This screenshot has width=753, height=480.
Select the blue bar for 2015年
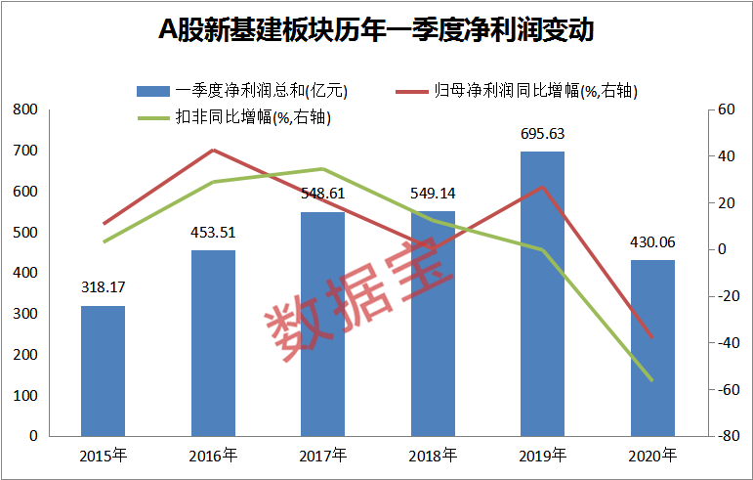[x=103, y=371]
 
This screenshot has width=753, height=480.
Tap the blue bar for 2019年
[x=542, y=293]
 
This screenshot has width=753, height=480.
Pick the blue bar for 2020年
[x=651, y=347]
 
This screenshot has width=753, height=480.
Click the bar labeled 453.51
[x=213, y=342]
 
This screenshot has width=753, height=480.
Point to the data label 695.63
[x=543, y=135]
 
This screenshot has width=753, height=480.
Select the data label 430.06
[x=652, y=242]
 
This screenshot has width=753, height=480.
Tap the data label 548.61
[x=323, y=194]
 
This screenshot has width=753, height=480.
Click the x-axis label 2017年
[x=322, y=456]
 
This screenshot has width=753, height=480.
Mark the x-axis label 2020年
[x=651, y=456]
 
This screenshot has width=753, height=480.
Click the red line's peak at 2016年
[x=213, y=150]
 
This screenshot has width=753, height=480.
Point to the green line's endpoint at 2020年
[x=651, y=379]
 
